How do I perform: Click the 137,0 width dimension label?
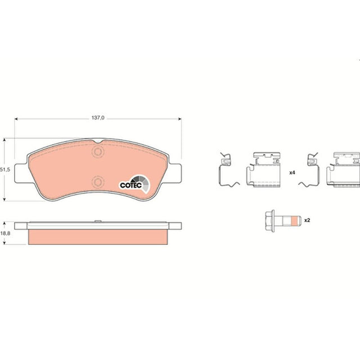[x=98, y=118]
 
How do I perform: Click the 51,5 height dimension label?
[x=5, y=170]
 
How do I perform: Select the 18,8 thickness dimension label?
[x=5, y=233]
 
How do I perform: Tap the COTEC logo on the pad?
[x=134, y=183]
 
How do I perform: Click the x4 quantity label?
[x=292, y=173]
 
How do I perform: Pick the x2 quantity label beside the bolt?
[x=307, y=220]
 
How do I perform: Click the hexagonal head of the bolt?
[x=270, y=220]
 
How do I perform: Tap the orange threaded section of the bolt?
[x=294, y=220]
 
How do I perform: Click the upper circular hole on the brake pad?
[x=98, y=152]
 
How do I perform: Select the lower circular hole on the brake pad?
[x=98, y=182]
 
